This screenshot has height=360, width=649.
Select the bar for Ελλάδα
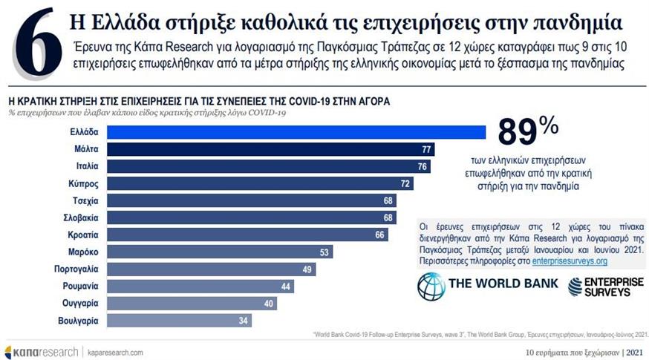[297, 131]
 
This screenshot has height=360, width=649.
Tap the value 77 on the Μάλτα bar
[426, 149]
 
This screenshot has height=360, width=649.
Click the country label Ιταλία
[87, 166]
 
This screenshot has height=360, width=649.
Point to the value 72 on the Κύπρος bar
[405, 183]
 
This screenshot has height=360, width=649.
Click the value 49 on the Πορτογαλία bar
[307, 269]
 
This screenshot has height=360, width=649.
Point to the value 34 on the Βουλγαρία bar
[242, 321]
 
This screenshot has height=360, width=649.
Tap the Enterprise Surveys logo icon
[578, 287]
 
